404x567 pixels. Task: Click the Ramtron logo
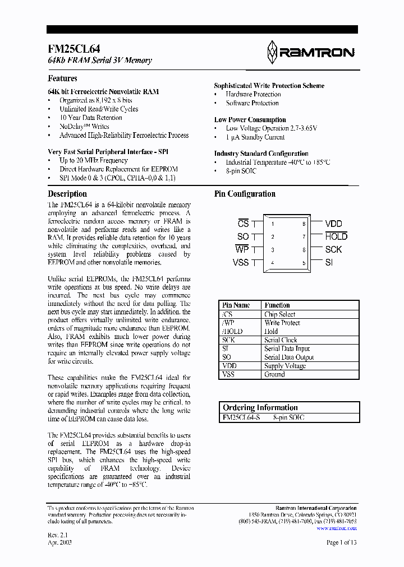[310, 52]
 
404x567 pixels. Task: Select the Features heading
[62, 78]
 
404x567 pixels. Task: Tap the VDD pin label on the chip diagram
[333, 224]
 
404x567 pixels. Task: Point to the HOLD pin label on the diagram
[336, 236]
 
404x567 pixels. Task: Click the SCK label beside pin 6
[333, 250]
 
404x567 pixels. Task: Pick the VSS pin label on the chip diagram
[240, 263]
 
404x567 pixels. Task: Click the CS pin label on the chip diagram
[243, 224]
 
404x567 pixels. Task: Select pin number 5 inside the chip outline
[304, 263]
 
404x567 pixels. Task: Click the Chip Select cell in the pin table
[279, 314]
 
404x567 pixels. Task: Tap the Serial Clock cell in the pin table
[281, 340]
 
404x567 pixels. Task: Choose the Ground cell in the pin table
[274, 374]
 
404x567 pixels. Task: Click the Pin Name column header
[236, 305]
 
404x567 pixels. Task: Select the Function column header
[277, 305]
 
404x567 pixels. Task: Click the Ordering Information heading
[260, 408]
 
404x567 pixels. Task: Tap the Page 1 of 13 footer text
[341, 542]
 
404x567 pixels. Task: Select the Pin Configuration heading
[245, 194]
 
